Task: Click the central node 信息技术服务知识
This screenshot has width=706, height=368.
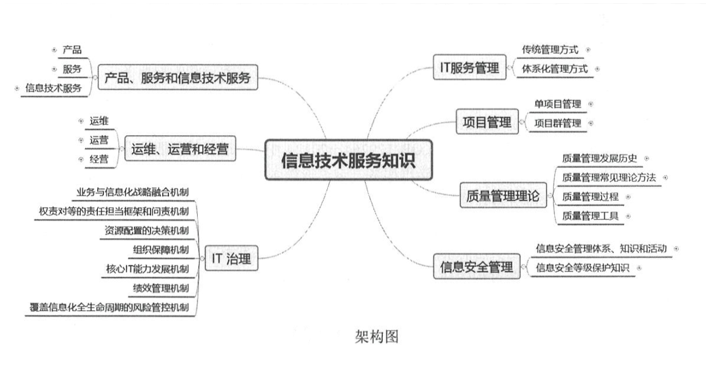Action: coord(348,160)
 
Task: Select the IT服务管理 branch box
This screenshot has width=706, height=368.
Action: coord(470,68)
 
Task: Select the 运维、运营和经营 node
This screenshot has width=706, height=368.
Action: coord(179,150)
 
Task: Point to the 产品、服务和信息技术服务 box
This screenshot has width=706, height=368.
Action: coord(177,77)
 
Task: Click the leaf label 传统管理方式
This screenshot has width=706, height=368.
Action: coord(550,49)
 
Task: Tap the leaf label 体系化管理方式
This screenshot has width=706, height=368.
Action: coord(555,68)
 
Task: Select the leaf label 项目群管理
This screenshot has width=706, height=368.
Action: coord(558,123)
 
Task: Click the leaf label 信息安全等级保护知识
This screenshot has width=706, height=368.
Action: coord(583,268)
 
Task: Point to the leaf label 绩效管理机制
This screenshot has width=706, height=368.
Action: coord(160,288)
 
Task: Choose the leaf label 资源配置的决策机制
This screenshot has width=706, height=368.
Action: coord(146,230)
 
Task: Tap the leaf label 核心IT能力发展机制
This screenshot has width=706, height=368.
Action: coord(147,269)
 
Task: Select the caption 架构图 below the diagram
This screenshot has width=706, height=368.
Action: coord(376,337)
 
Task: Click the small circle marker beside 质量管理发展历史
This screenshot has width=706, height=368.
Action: coord(646,158)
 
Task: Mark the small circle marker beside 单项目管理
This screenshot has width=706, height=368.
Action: coord(590,104)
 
